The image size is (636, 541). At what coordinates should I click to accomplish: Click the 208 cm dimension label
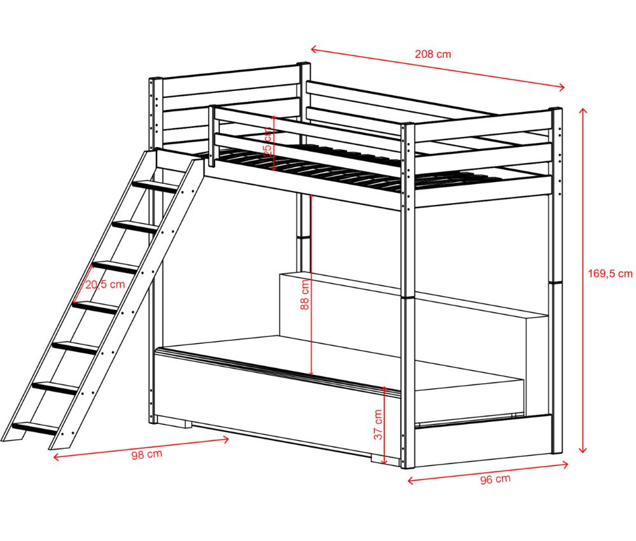tap(432, 54)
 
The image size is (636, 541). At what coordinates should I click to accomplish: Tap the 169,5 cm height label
tap(610, 274)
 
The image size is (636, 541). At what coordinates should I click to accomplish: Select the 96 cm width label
tap(495, 479)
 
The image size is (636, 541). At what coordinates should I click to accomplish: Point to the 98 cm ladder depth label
tap(146, 454)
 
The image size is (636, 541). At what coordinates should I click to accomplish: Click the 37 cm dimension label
tap(378, 425)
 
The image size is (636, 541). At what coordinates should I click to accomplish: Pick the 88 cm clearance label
tap(305, 295)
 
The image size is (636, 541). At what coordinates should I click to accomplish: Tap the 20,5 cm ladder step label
tap(105, 284)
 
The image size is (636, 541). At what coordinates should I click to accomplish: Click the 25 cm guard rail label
tap(267, 141)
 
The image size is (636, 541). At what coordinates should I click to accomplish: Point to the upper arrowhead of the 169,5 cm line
tap(583, 111)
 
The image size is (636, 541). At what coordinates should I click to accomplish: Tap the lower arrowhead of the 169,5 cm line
tap(583, 449)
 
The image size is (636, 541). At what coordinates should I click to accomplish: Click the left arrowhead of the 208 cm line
tap(314, 50)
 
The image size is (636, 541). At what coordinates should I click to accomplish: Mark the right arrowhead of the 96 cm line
tap(564, 464)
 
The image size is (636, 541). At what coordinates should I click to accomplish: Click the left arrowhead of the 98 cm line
tap(57, 457)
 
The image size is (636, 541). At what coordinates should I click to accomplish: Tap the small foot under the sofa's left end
tap(186, 423)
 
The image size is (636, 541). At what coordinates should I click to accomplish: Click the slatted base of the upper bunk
tap(357, 169)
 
